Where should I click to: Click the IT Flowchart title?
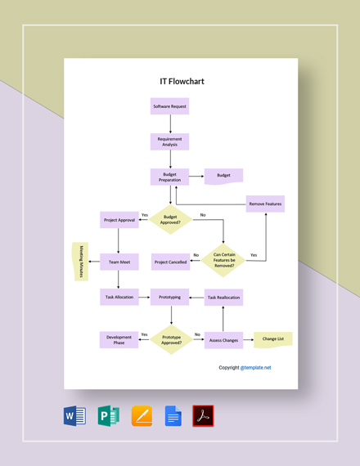pyautogui.click(x=182, y=82)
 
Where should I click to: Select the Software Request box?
pyautogui.click(x=170, y=107)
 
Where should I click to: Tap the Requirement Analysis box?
pyautogui.click(x=170, y=141)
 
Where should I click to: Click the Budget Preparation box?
pyautogui.click(x=170, y=177)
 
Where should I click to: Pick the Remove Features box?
pyautogui.click(x=265, y=204)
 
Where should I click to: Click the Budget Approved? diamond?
pyautogui.click(x=170, y=219)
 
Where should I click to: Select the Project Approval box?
pyautogui.click(x=119, y=220)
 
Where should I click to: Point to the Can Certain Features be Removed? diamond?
pyautogui.click(x=223, y=260)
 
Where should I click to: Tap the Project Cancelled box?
pyautogui.click(x=170, y=262)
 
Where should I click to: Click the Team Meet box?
pyautogui.click(x=119, y=262)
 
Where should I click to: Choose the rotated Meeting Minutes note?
pyautogui.click(x=81, y=262)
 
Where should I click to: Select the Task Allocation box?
pyautogui.click(x=119, y=297)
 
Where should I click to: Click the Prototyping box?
pyautogui.click(x=170, y=297)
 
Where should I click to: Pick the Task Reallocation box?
pyautogui.click(x=223, y=298)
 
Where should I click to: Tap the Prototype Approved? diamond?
pyautogui.click(x=171, y=339)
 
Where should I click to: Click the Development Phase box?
pyautogui.click(x=119, y=339)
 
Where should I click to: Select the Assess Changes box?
pyautogui.click(x=223, y=339)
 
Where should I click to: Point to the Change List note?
pyautogui.click(x=273, y=338)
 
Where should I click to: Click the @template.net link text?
pyautogui.click(x=256, y=368)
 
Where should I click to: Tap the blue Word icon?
pyautogui.click(x=74, y=416)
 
